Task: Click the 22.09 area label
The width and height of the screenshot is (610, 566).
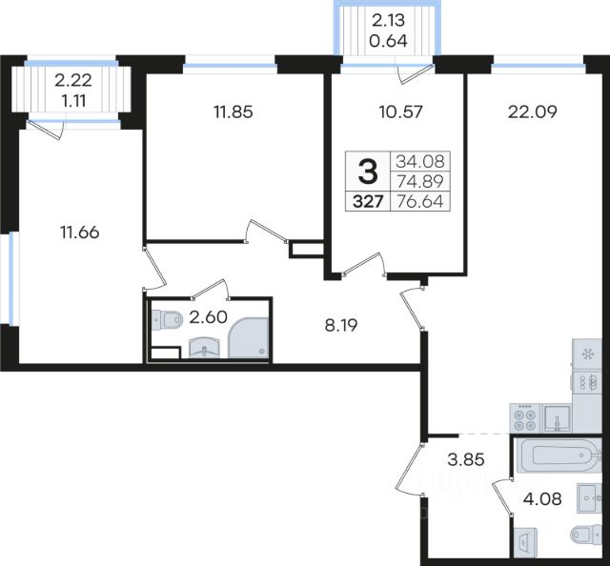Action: (532, 112)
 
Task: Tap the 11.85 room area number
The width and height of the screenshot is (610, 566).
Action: (233, 112)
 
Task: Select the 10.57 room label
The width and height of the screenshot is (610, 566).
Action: (400, 112)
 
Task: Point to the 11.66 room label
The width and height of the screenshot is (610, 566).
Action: (79, 232)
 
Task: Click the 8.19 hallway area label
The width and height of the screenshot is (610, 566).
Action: (341, 326)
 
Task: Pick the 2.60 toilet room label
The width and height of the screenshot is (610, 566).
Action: (208, 317)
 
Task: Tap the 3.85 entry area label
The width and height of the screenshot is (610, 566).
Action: (466, 460)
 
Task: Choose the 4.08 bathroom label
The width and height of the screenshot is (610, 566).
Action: (542, 498)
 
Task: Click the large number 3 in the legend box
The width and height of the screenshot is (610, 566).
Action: (368, 172)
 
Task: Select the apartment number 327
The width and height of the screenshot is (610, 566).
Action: (368, 202)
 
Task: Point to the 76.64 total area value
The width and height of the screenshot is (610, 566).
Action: (419, 201)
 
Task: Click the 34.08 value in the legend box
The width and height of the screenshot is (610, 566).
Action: (420, 161)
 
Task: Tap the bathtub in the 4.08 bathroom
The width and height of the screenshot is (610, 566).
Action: (557, 455)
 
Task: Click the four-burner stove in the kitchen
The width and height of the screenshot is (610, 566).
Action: (525, 417)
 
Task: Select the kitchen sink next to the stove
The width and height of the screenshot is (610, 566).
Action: (557, 418)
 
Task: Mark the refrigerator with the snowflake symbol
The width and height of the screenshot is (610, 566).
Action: (587, 354)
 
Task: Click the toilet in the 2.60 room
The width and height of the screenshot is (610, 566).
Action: (167, 320)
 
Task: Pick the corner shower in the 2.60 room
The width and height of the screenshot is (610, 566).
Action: (248, 337)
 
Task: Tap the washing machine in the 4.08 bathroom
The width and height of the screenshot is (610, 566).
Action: (525, 542)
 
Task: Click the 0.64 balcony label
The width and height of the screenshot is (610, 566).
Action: (388, 40)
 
